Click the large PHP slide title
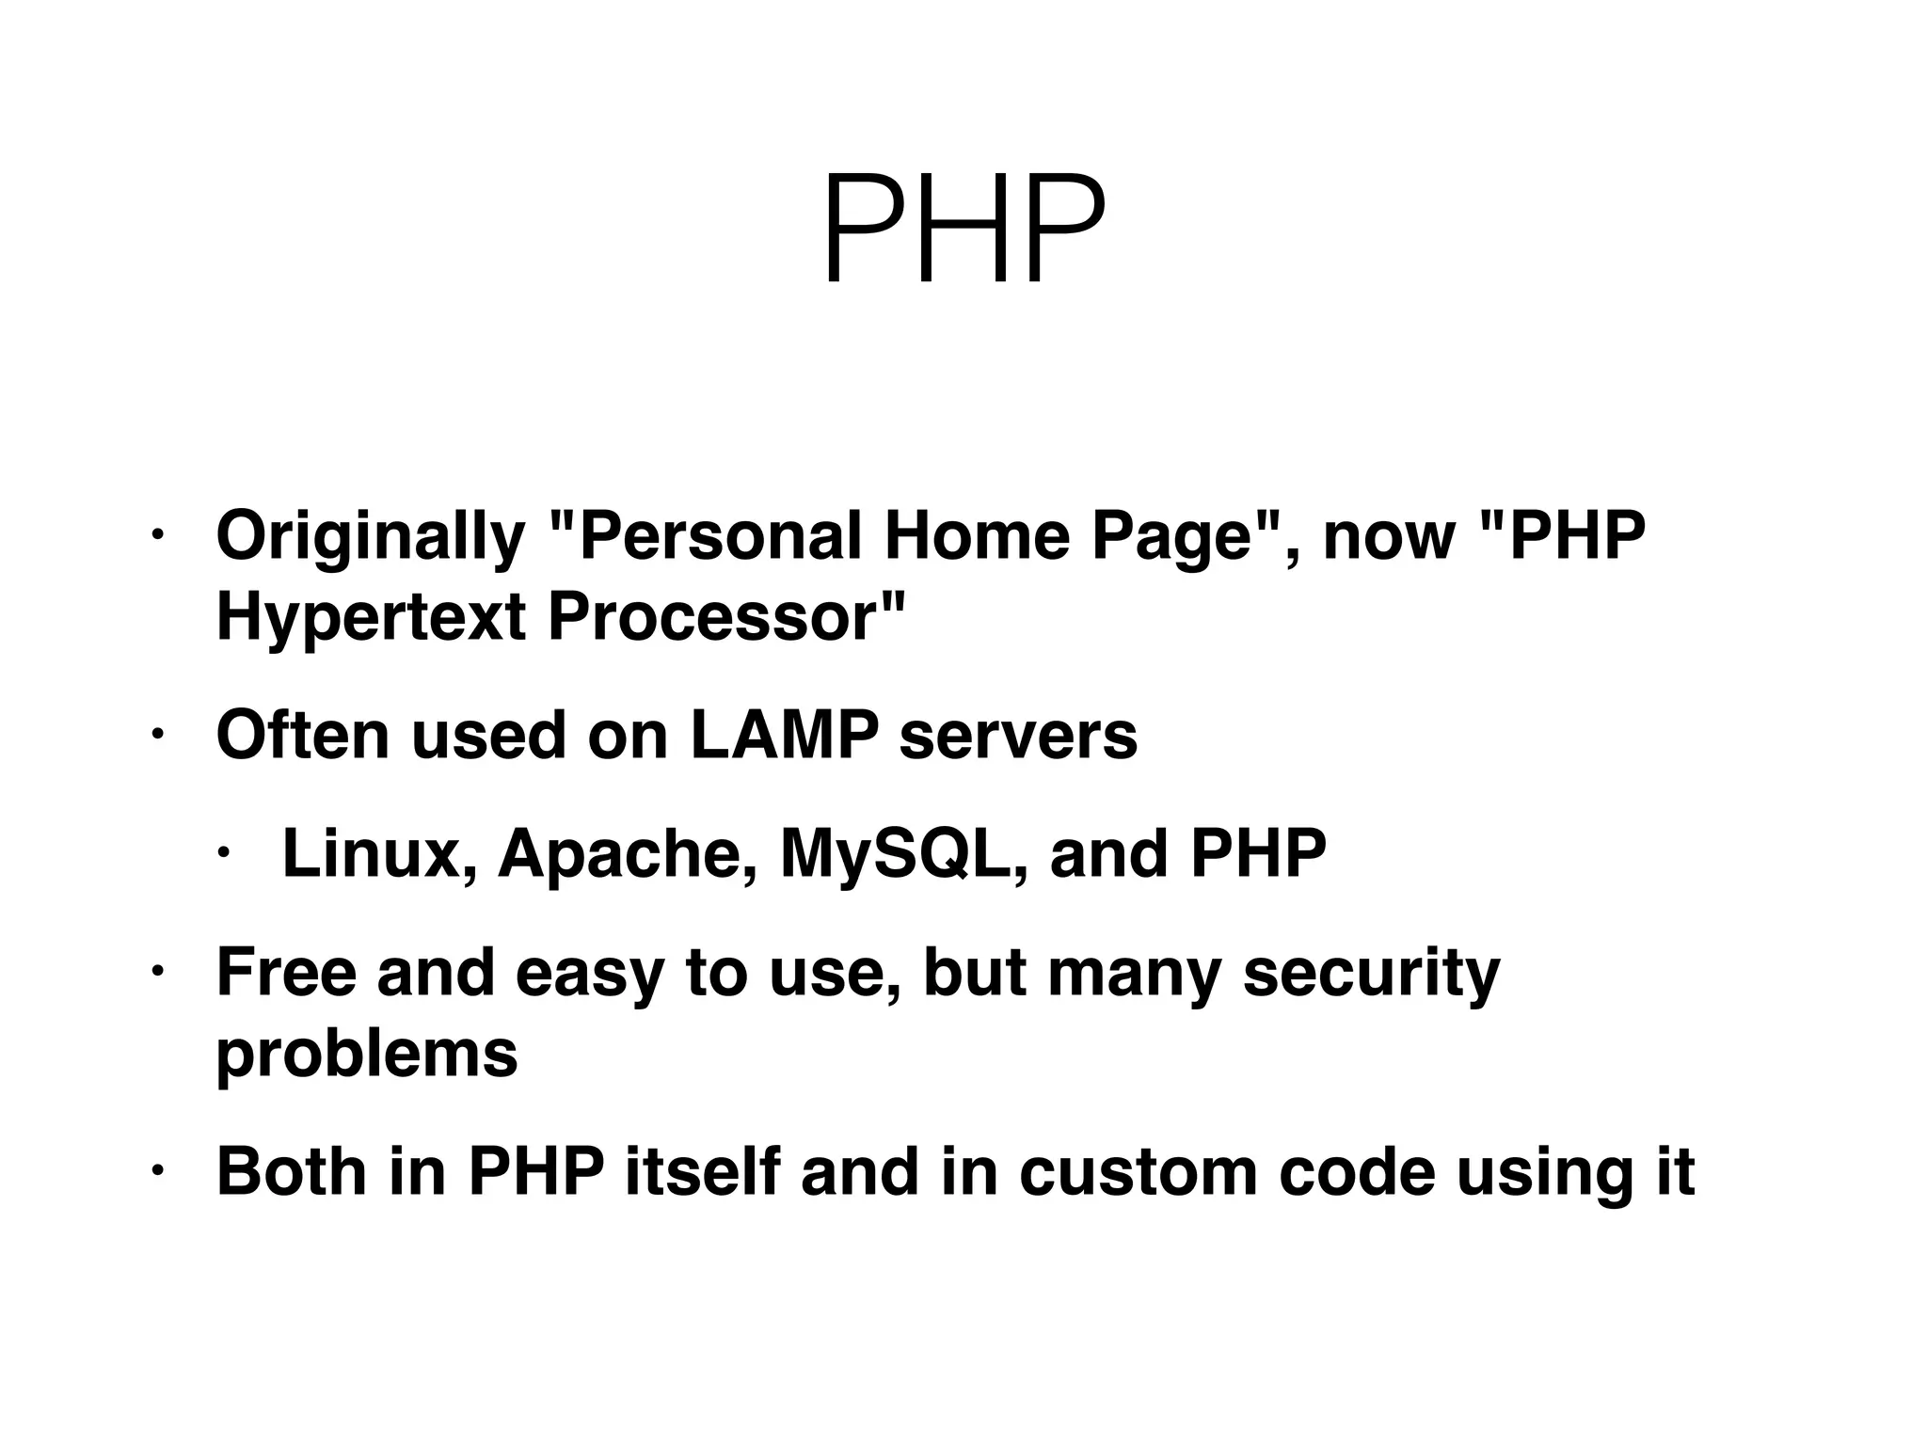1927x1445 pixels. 963,230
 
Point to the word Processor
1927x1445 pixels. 725,618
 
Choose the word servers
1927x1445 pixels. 1018,736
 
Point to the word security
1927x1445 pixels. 1371,975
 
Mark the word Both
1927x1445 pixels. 291,1172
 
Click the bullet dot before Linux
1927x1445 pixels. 223,854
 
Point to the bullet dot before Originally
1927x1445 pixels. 156,537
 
